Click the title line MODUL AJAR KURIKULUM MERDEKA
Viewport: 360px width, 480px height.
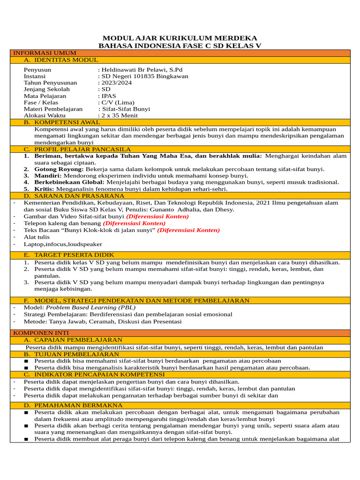coord(180,38)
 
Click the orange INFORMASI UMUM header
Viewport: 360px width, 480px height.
coord(45,53)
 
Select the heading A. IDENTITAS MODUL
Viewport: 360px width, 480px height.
coord(61,60)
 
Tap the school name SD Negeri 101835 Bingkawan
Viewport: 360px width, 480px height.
coord(145,76)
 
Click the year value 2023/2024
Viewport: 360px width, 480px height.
coord(117,83)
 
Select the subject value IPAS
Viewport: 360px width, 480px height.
coord(109,96)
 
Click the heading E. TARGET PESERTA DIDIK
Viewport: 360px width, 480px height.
coord(69,255)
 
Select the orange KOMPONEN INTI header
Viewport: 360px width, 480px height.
coord(42,332)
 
